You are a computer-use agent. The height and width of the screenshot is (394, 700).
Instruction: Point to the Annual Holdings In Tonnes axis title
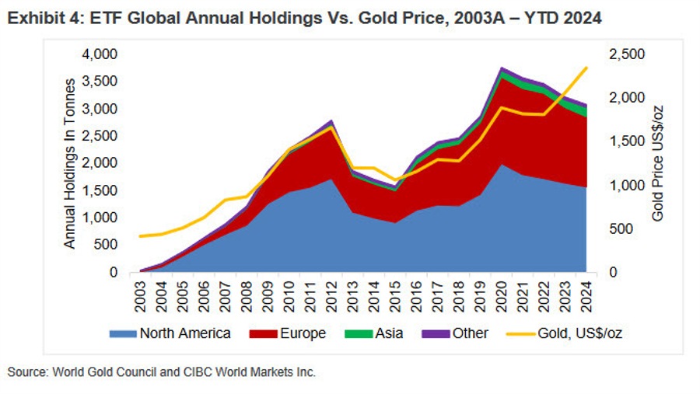[x=69, y=163]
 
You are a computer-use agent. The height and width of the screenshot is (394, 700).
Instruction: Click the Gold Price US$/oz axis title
[x=658, y=163]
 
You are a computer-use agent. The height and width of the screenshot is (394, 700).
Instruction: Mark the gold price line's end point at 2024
[x=586, y=68]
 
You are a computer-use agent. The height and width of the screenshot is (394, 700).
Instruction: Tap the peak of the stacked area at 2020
[x=502, y=68]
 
